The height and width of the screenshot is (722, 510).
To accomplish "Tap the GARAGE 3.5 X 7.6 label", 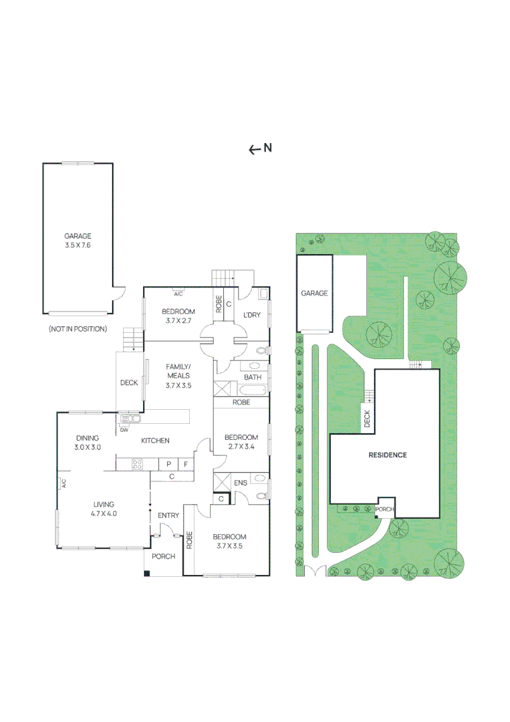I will click(x=78, y=241).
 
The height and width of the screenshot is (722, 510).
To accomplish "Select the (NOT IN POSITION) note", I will click(x=78, y=329).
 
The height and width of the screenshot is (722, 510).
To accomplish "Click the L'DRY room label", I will click(x=251, y=315).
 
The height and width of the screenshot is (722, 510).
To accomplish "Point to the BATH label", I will click(x=253, y=378).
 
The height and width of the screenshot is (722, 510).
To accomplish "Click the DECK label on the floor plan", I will click(x=129, y=383).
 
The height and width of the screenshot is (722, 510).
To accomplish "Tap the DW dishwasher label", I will click(x=124, y=431).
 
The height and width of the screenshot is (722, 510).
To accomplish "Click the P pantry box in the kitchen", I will click(x=168, y=464).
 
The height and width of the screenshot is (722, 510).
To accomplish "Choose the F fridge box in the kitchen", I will click(x=186, y=464).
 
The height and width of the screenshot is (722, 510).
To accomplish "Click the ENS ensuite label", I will click(x=241, y=483).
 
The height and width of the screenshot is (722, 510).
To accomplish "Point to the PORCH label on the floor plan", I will click(x=162, y=556).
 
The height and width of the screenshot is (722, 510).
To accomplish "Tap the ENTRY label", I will click(x=168, y=515).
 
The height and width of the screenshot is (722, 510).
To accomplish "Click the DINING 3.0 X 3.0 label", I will click(x=87, y=443).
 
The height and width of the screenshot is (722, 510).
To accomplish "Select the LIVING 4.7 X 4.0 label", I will click(x=104, y=509).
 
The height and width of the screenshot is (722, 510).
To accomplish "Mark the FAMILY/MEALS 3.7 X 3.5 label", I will click(x=178, y=376).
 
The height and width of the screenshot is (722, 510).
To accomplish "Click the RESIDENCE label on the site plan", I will click(x=388, y=455).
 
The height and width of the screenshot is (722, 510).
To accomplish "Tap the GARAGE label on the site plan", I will click(x=314, y=293).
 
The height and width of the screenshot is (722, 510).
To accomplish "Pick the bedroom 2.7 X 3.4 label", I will click(x=243, y=442).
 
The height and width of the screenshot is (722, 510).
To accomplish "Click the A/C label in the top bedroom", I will click(x=178, y=293).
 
